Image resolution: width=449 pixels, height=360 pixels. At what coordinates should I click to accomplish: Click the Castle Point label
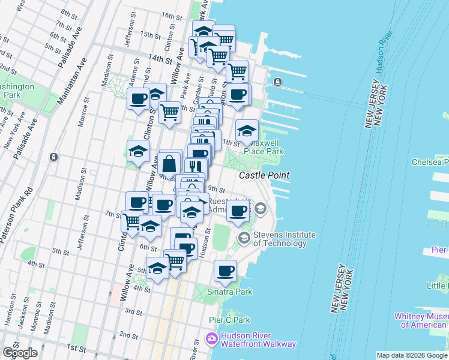click(264, 175)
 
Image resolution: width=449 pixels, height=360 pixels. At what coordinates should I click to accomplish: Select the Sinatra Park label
click(231, 292)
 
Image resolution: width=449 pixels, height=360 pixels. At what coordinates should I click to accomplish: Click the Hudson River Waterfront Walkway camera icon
click(211, 340)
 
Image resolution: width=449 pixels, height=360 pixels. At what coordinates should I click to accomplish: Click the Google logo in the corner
click(20, 353)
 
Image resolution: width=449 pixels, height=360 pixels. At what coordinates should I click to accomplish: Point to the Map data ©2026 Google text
click(411, 355)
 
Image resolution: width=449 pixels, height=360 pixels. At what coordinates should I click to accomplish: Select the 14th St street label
click(160, 59)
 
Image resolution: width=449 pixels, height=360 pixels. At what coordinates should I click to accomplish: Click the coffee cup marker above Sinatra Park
click(226, 271)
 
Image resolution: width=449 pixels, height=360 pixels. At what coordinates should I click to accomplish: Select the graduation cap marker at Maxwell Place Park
click(246, 131)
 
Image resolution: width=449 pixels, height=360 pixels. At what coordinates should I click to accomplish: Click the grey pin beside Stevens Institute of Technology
click(244, 238)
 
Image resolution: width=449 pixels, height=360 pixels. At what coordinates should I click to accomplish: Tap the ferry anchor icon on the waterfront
click(277, 82)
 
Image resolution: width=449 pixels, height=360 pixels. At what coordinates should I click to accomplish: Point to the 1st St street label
click(76, 348)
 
